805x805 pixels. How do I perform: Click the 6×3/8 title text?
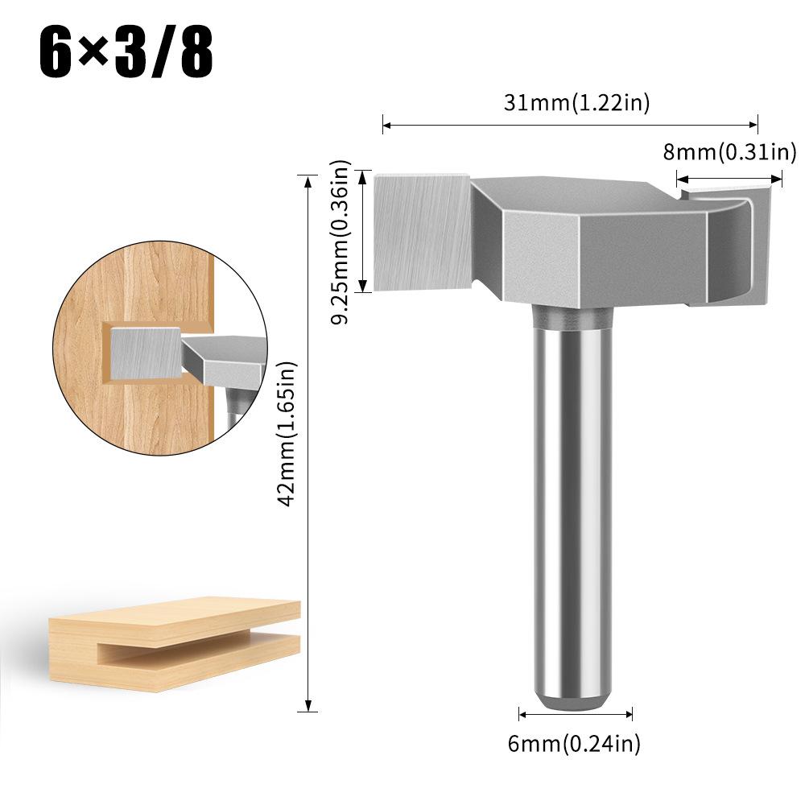[126, 54]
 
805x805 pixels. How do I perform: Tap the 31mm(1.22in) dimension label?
[576, 102]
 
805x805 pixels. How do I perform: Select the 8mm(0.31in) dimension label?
[729, 151]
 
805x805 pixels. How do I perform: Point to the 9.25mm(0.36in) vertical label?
[343, 242]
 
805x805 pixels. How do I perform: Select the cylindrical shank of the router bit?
[570, 499]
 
